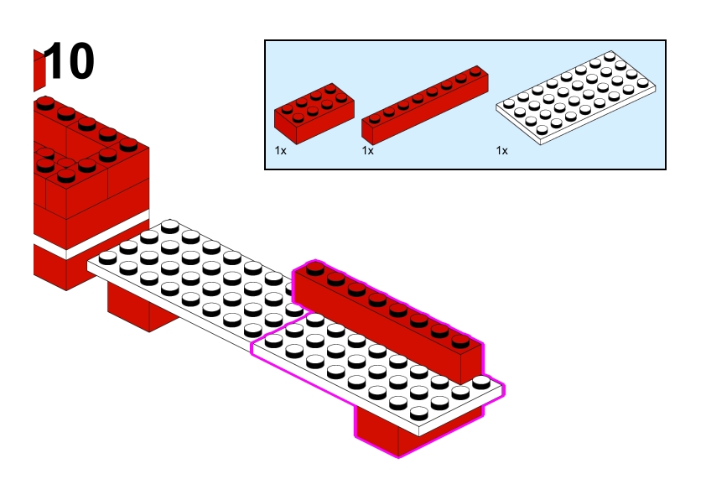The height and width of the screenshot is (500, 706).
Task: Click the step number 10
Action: pyautogui.click(x=70, y=62)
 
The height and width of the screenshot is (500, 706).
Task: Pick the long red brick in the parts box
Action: pyautogui.click(x=425, y=105)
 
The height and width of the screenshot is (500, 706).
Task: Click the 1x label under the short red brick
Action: pyautogui.click(x=280, y=151)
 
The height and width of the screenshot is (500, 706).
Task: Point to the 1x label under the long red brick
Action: pyautogui.click(x=367, y=151)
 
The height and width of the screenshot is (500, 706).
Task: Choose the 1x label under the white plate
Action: pyautogui.click(x=501, y=151)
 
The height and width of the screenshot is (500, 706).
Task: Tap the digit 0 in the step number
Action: pyautogui.click(x=80, y=62)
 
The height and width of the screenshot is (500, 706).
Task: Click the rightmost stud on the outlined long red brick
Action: pyautogui.click(x=459, y=341)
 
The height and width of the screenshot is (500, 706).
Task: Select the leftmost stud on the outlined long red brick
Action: pyautogui.click(x=315, y=268)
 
